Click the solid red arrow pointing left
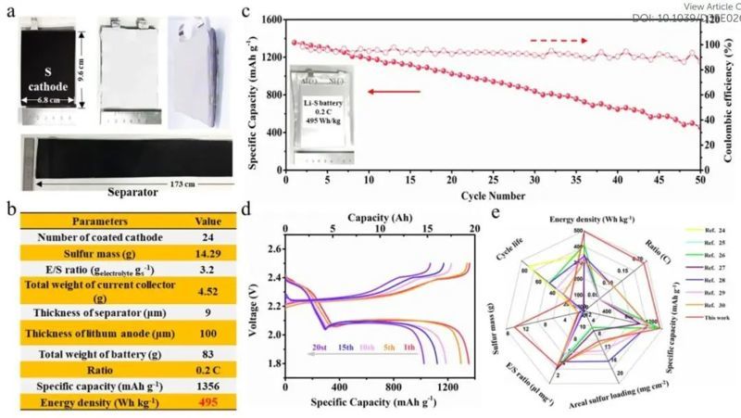tap(395, 92)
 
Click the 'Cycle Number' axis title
tap(495, 196)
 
